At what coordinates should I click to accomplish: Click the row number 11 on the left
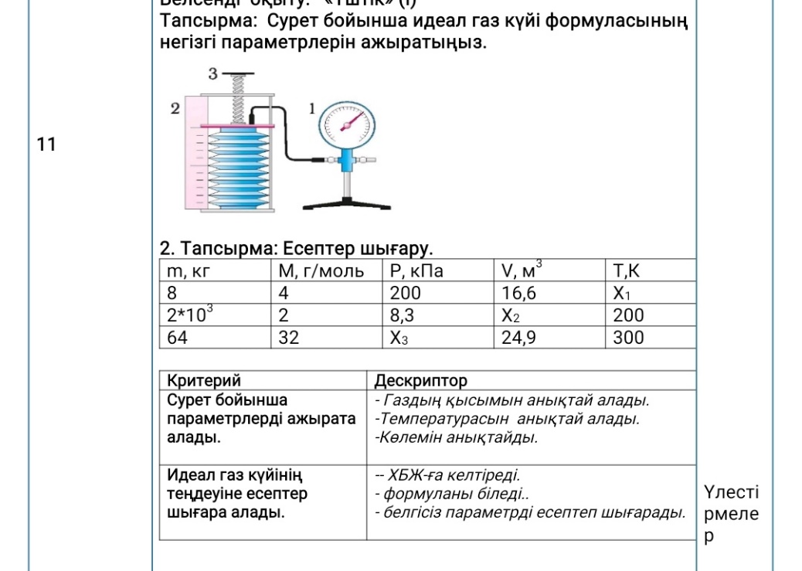[x=46, y=144]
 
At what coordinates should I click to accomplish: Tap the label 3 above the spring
[x=212, y=73]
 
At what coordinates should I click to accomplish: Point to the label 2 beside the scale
[x=175, y=109]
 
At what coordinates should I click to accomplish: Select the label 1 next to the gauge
[x=313, y=109]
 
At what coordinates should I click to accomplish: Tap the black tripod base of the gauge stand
[x=341, y=202]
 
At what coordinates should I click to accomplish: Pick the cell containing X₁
[x=623, y=294]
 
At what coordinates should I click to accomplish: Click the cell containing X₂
[x=511, y=315]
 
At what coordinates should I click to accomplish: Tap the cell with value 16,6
[x=519, y=294]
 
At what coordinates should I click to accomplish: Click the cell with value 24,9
[x=519, y=338]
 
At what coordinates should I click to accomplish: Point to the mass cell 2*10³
[x=190, y=314]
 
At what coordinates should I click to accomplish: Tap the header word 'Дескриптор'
[x=420, y=381]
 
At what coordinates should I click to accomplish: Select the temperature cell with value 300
[x=627, y=338]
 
